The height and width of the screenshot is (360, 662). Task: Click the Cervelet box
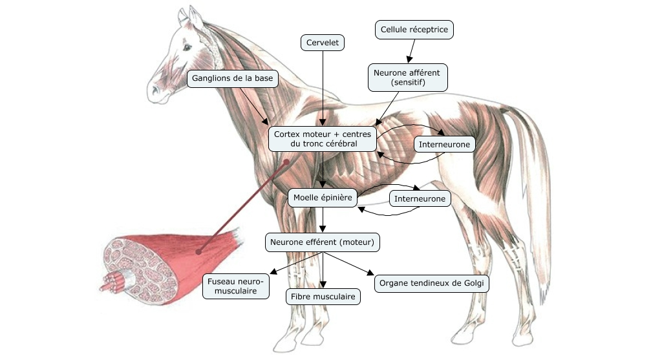click(x=323, y=43)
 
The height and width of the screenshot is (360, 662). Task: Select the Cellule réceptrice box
click(x=414, y=29)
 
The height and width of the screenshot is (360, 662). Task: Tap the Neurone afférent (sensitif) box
click(x=407, y=77)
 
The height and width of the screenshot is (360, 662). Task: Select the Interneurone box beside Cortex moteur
click(x=444, y=144)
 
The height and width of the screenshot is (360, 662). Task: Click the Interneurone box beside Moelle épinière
click(x=420, y=198)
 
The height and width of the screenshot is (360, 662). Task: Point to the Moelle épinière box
click(x=322, y=198)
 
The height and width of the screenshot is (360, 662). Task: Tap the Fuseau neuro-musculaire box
click(x=236, y=286)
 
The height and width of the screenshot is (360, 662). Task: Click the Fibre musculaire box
click(x=323, y=297)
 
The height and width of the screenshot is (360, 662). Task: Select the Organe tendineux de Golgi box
click(x=431, y=283)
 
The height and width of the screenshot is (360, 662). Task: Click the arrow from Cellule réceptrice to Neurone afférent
click(x=411, y=50)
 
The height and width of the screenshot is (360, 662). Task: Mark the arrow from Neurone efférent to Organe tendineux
click(x=349, y=264)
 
